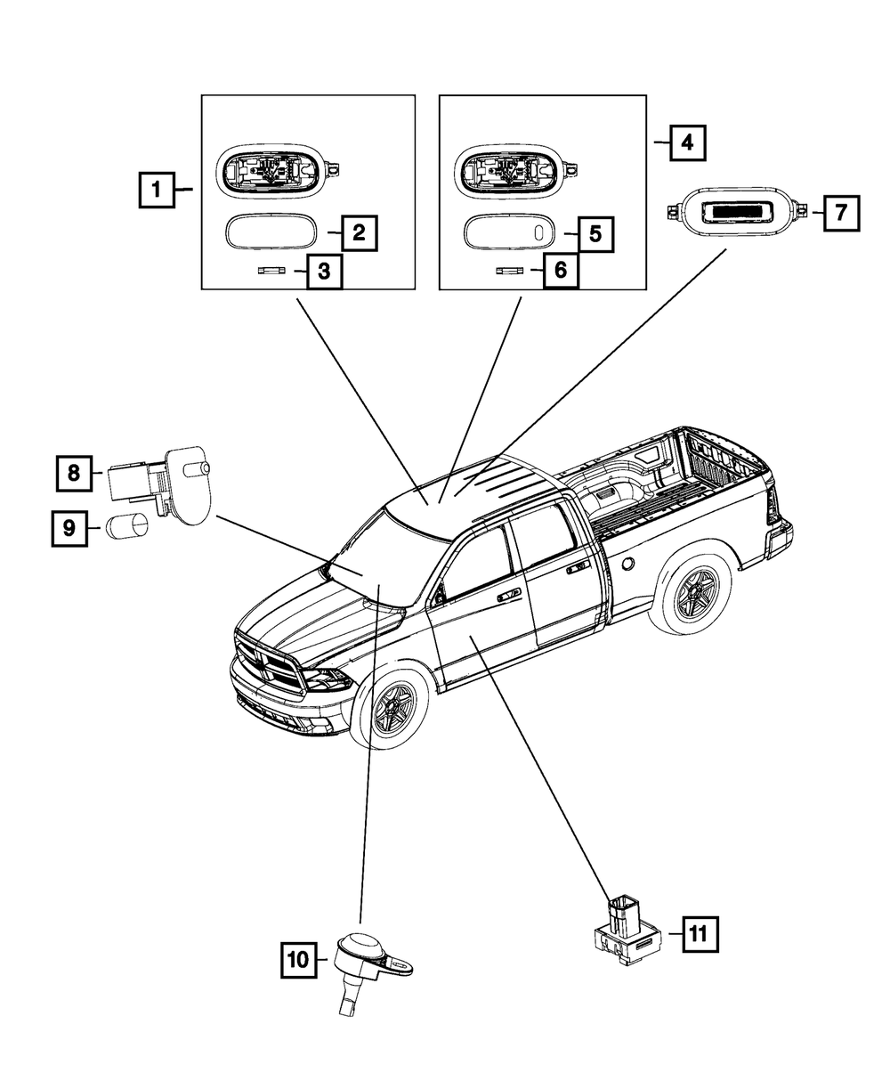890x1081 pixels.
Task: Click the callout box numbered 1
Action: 157,190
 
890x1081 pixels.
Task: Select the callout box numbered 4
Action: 687,142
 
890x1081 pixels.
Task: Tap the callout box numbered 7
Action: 841,213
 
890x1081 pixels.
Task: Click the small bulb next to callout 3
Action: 271,271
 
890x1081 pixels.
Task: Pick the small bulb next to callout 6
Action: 510,271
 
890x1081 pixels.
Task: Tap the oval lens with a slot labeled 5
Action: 510,233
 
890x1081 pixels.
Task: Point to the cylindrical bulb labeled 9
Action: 127,526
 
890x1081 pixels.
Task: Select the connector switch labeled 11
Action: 627,932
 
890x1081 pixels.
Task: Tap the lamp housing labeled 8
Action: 160,484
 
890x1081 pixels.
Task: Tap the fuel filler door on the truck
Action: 628,564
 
